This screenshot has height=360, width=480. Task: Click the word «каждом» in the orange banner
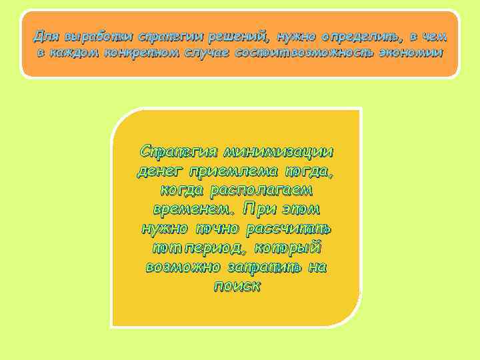pyautogui.click(x=74, y=52)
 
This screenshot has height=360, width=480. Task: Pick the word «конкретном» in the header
pyautogui.click(x=137, y=52)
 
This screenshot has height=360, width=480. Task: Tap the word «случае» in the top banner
pyautogui.click(x=203, y=52)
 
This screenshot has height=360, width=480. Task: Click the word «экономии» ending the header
pyautogui.click(x=410, y=52)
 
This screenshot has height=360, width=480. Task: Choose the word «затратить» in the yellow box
pyautogui.click(x=269, y=267)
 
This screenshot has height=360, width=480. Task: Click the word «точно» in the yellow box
pyautogui.click(x=217, y=229)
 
